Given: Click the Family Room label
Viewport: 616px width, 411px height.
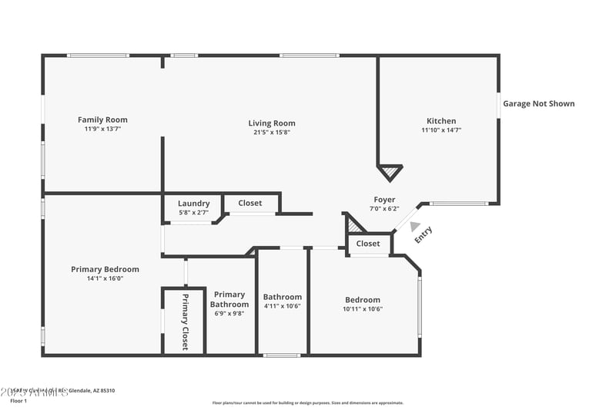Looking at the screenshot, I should pos(102,120).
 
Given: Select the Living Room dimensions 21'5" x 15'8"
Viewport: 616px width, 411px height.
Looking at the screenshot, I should pos(271,132).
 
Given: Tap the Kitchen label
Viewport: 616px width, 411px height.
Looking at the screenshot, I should pos(441,120).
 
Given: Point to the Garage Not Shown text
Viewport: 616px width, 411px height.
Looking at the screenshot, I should pos(538,103).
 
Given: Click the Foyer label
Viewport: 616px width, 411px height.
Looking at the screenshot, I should pos(384,200).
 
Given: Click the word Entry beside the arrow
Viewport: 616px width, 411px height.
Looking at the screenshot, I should pos(424,234).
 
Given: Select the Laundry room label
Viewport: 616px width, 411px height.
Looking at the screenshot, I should pos(193,204).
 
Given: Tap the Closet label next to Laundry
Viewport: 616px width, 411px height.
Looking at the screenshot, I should pos(249,203).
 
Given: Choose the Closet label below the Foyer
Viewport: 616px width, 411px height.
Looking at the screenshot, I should pos(368,244).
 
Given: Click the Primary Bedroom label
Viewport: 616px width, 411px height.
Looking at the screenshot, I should pos(105,269).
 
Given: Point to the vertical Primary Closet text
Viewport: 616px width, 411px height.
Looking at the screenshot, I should pos(185,322).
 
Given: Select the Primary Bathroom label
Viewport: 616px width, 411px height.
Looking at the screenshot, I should pos(229,299).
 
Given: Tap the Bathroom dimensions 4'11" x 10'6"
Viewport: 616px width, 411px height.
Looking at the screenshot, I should pos(282,306).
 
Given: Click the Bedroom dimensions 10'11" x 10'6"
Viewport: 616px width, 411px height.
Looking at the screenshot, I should pos(362,308).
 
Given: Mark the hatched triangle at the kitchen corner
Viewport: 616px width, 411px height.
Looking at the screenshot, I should pos(390,171).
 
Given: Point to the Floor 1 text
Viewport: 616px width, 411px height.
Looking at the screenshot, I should pos(18,401).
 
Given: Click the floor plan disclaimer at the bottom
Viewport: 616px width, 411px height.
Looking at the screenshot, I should pos(307,403).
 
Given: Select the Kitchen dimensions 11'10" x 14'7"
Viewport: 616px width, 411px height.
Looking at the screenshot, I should pos(441,130).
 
